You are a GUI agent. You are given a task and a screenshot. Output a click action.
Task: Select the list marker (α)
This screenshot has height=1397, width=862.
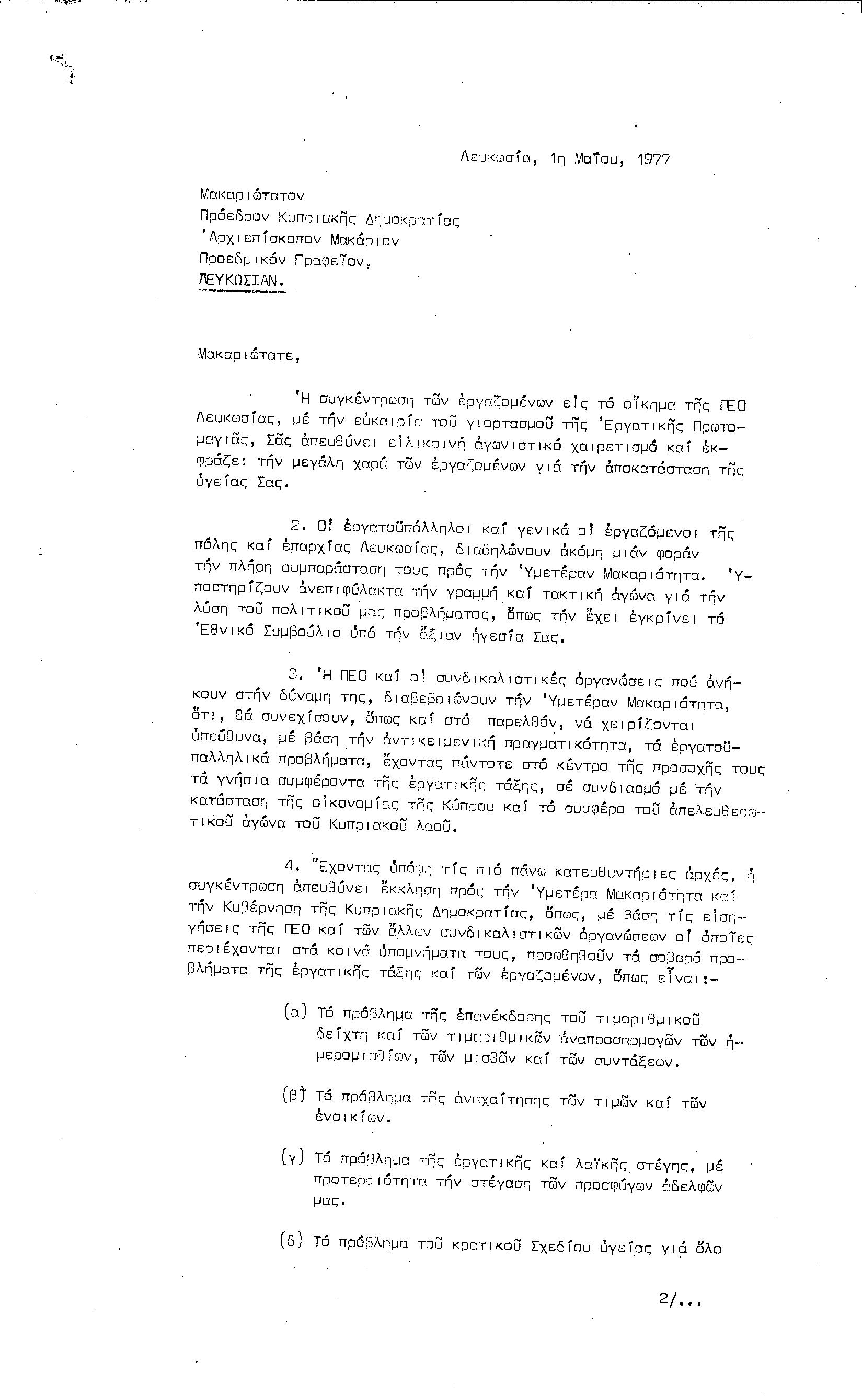(295, 1011)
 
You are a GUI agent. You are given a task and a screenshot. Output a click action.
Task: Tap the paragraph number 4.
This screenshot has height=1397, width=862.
(292, 866)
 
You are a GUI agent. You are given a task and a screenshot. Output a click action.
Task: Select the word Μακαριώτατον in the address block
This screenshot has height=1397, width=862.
(252, 195)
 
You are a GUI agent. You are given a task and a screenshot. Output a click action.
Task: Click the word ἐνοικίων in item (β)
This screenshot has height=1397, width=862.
(352, 1117)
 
